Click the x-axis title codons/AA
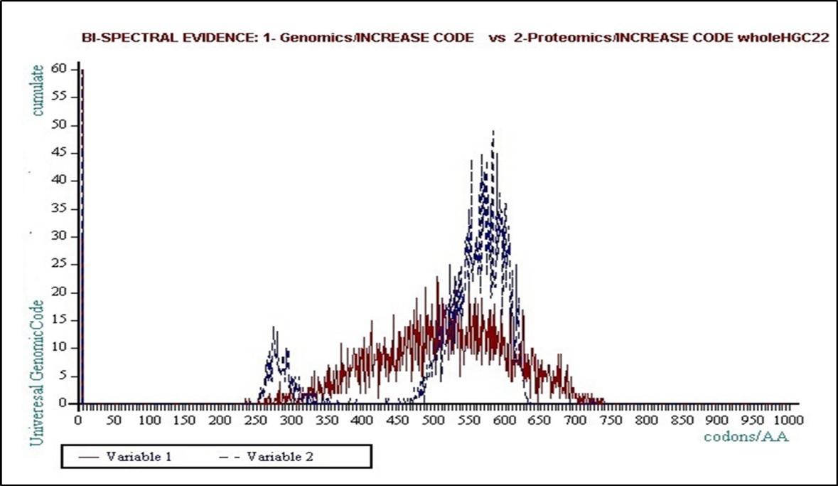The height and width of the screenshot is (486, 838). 746,437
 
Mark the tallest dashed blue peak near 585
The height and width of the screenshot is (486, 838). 493,132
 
